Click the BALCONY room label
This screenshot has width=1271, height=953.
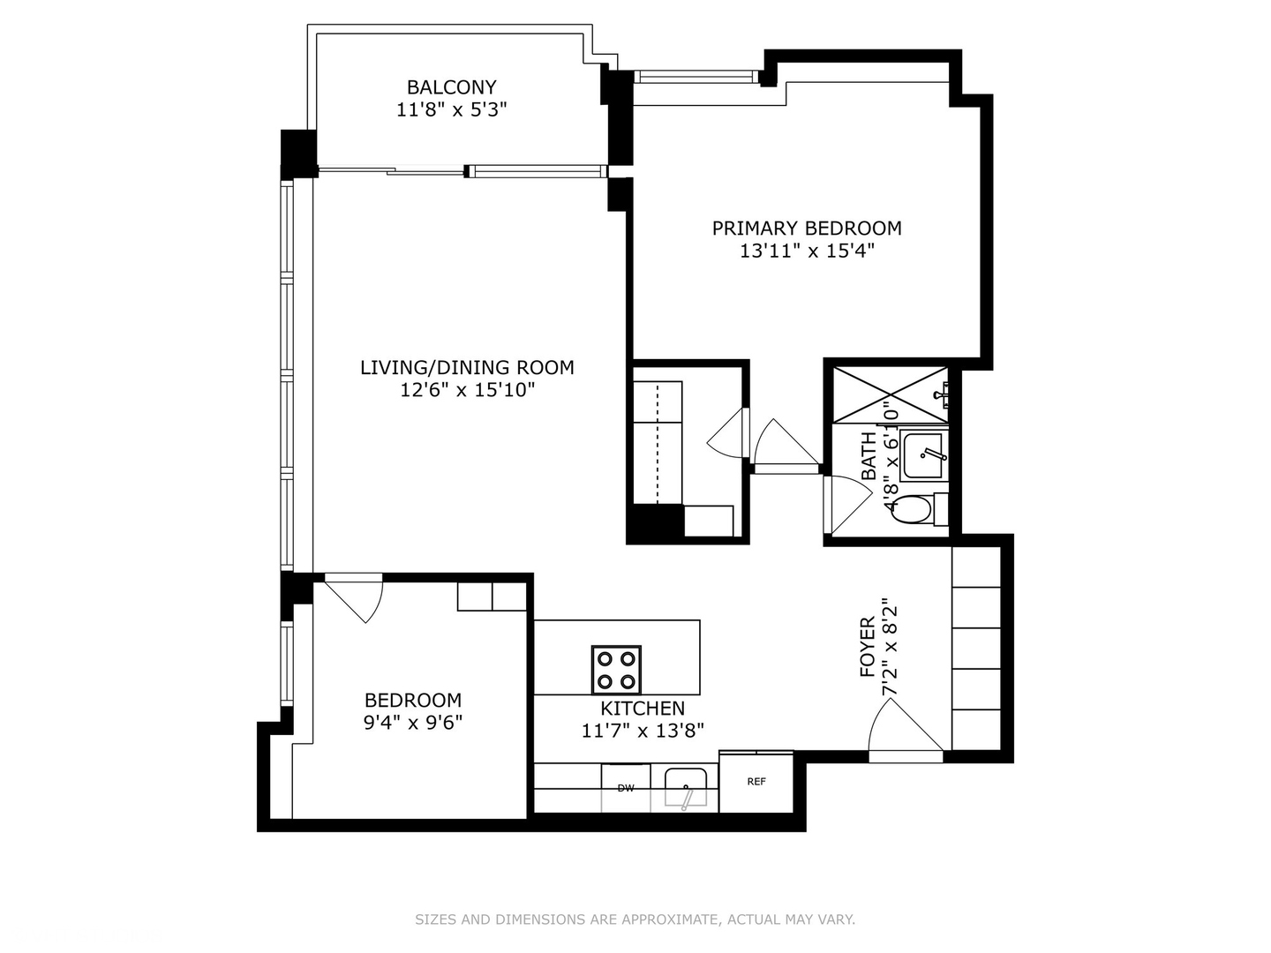pyautogui.click(x=451, y=87)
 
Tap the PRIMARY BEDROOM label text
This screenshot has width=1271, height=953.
pyautogui.click(x=807, y=229)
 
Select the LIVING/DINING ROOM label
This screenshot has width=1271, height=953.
pyautogui.click(x=467, y=367)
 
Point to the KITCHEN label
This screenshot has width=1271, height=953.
pyautogui.click(x=643, y=709)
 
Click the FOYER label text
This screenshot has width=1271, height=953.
pyautogui.click(x=867, y=647)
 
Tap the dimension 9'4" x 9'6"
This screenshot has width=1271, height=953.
pyautogui.click(x=413, y=723)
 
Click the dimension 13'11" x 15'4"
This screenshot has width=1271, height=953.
pyautogui.click(x=807, y=251)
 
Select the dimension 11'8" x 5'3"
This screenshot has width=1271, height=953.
pyautogui.click(x=451, y=110)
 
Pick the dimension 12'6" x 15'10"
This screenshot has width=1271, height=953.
pyautogui.click(x=467, y=390)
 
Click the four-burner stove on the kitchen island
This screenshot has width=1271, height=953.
pyautogui.click(x=616, y=670)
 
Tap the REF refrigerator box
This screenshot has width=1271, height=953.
pyautogui.click(x=756, y=782)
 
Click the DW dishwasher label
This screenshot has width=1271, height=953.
pyautogui.click(x=626, y=787)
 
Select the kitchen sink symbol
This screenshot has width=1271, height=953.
pyautogui.click(x=686, y=787)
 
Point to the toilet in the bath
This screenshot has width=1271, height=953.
pyautogui.click(x=918, y=509)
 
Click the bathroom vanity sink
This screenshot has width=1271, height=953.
pyautogui.click(x=924, y=454)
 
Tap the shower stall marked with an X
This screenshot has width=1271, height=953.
pyautogui.click(x=890, y=394)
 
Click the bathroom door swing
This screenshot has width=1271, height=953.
pyautogui.click(x=847, y=503)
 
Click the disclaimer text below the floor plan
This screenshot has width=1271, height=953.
pyautogui.click(x=635, y=919)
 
